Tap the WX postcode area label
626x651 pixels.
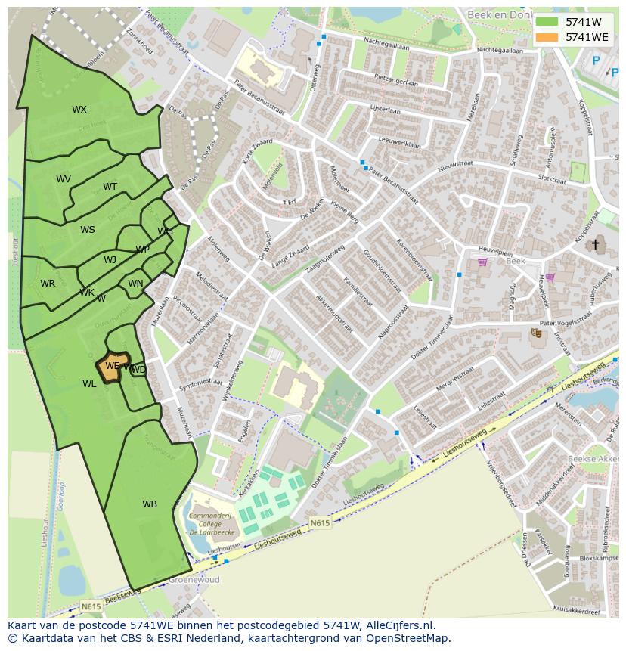coord(79,110)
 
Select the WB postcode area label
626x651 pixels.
coord(150,504)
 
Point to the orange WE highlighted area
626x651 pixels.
coord(113,367)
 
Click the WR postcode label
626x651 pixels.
coord(48,284)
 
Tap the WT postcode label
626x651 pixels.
coord(110,187)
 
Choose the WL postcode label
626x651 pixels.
coord(89,384)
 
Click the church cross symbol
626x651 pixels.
coord(596,244)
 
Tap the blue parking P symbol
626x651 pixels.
coord(596,61)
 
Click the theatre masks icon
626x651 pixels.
coord(537,333)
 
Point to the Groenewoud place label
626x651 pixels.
coord(194,580)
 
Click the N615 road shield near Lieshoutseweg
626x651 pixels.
coord(321,522)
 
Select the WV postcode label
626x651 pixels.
coord(64,179)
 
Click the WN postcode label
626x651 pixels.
coord(135,284)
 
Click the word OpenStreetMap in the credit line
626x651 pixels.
coord(407,638)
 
